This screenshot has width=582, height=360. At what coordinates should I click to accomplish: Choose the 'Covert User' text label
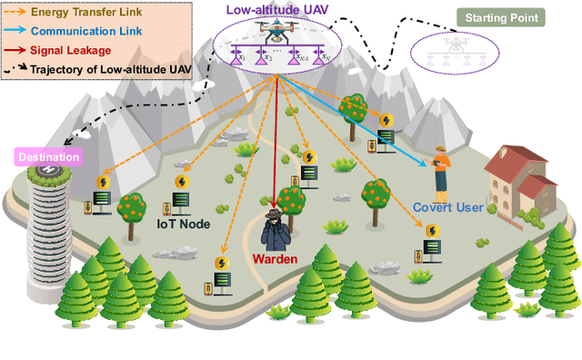(449, 208)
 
